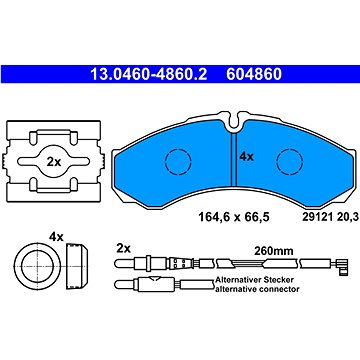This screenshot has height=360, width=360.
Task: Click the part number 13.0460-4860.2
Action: [149, 75]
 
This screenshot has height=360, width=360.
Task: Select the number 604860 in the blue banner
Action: [254, 75]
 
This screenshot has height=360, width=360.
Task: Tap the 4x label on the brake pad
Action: [247, 157]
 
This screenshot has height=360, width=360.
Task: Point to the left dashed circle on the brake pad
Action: [178, 162]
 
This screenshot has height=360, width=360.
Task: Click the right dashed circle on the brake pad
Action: [290, 162]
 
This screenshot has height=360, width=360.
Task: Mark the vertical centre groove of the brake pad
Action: [234, 159]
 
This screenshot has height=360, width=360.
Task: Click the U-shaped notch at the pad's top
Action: [235, 122]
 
